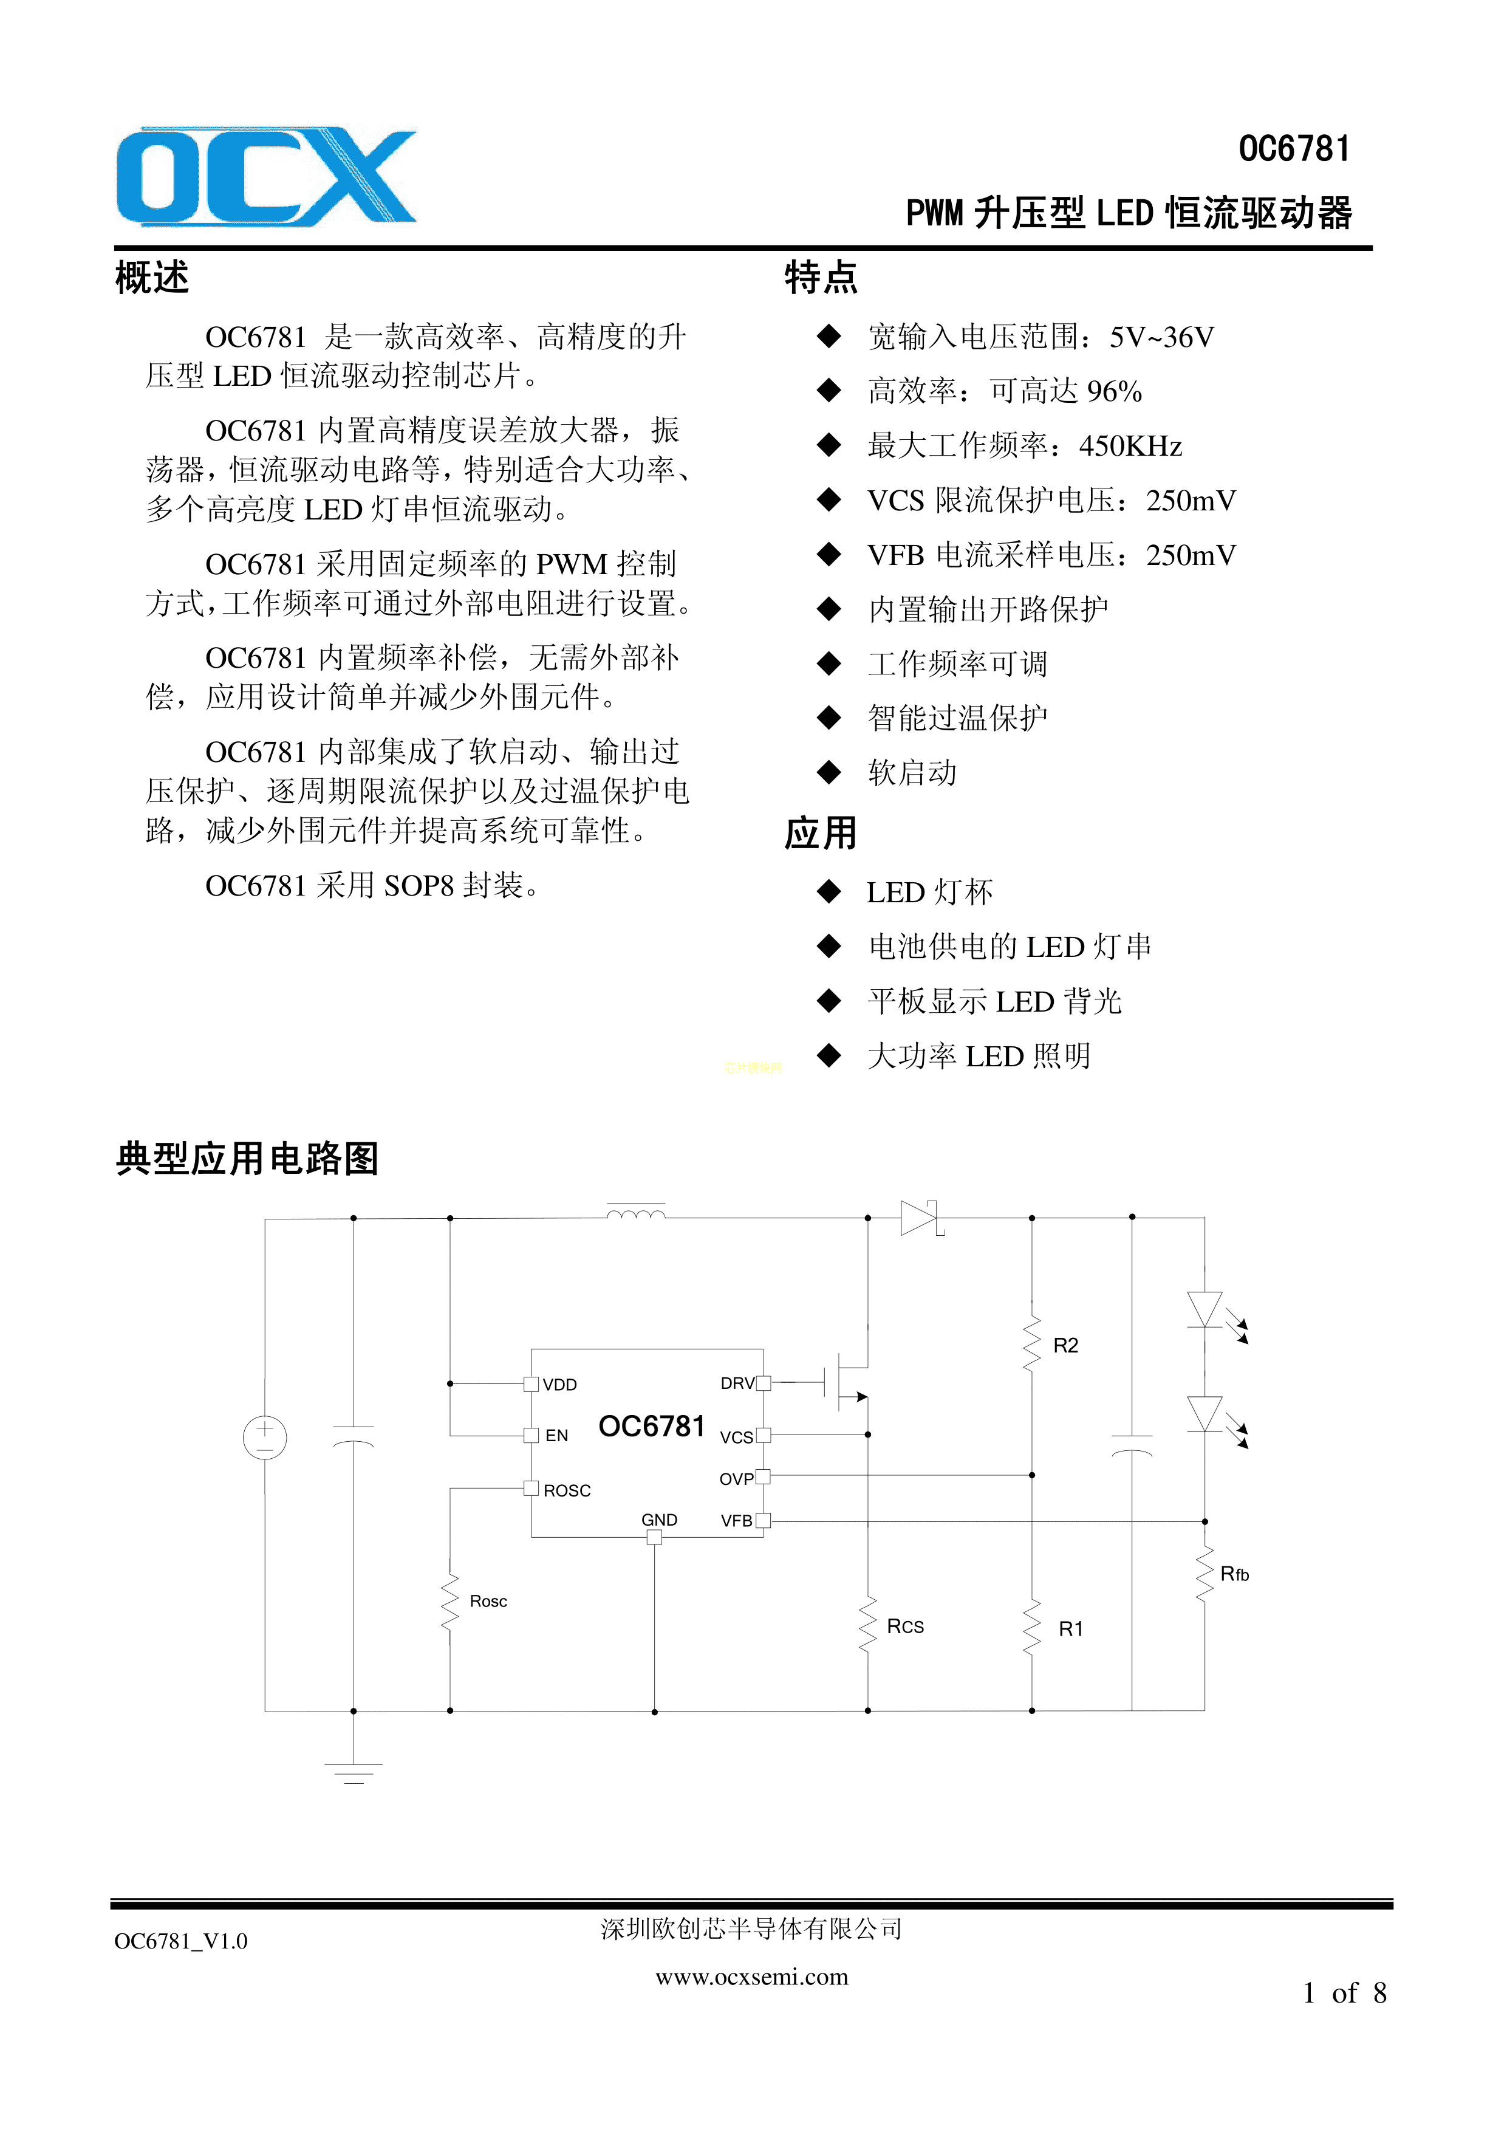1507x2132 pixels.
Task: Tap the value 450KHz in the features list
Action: tap(1130, 447)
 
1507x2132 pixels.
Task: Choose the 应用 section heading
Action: tap(821, 833)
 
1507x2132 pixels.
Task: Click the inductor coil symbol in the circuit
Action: tap(636, 1213)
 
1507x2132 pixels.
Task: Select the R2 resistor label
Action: tap(1065, 1346)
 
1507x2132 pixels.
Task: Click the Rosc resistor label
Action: tap(488, 1601)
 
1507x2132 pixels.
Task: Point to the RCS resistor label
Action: tap(905, 1626)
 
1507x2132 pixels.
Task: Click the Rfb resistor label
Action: tap(1234, 1573)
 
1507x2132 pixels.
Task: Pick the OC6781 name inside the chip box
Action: tap(652, 1426)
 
